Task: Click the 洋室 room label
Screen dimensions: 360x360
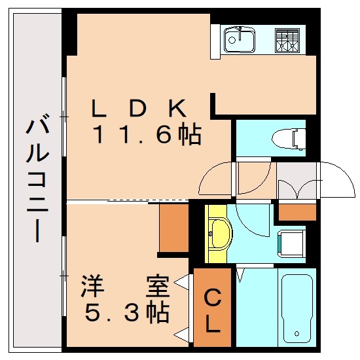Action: [x=124, y=285]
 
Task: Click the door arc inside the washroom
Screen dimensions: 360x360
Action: [x=252, y=226]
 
